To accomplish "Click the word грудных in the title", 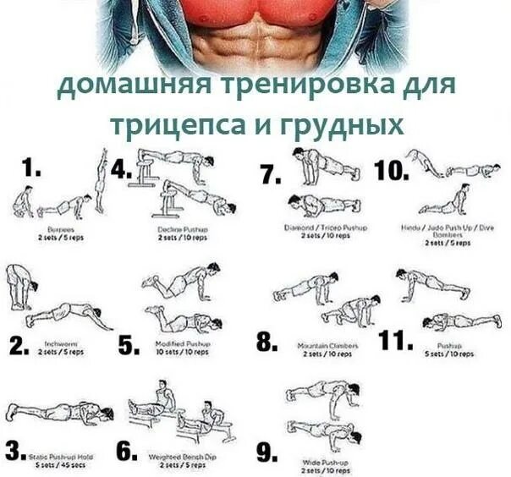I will pos(339,124).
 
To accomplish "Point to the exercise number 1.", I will pos(32,169).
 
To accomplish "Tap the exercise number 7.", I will pos(270,175).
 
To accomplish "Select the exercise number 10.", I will pos(391,170).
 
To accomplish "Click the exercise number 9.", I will pos(266,454).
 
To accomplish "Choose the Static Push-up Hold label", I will pos(61,456).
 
